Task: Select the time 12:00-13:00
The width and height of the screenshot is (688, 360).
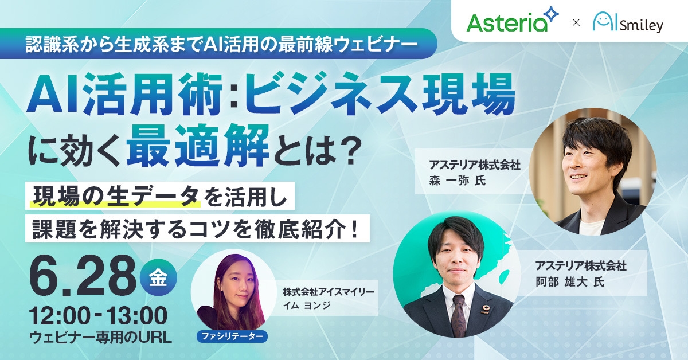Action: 99,316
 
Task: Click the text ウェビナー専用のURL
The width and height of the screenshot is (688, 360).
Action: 100,338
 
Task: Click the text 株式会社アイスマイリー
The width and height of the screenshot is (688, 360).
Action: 328,291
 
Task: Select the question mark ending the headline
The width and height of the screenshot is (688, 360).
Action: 348,150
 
